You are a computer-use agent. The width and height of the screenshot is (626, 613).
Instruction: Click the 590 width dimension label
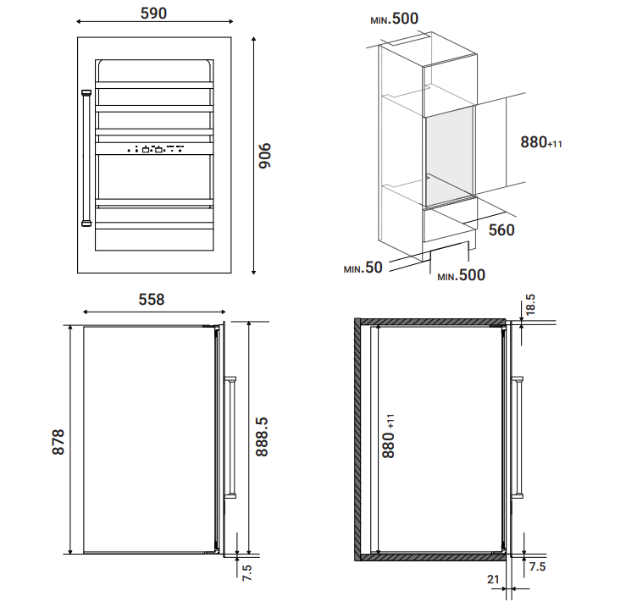click(x=153, y=14)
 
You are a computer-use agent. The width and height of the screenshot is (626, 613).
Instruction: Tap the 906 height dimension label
click(x=264, y=155)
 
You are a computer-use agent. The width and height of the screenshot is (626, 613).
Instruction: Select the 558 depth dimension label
click(x=152, y=300)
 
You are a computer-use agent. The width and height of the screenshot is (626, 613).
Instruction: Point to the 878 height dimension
click(x=58, y=442)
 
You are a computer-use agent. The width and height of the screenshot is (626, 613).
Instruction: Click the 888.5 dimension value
click(x=262, y=437)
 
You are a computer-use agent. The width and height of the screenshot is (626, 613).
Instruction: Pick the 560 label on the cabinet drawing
click(x=501, y=230)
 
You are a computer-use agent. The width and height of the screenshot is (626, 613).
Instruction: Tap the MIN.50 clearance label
click(x=363, y=268)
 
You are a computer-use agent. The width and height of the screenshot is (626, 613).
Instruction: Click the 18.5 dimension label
click(x=530, y=305)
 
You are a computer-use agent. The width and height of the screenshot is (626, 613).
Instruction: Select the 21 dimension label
click(x=494, y=579)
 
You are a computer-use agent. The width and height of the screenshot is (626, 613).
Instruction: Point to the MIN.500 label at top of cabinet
click(x=395, y=19)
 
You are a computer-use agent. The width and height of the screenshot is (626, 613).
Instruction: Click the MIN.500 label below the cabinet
click(x=461, y=275)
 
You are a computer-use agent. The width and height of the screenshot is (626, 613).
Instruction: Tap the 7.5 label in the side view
click(x=247, y=572)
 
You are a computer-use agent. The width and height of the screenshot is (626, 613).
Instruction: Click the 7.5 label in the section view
click(x=537, y=566)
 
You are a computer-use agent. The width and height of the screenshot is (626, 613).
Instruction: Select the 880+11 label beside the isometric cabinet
click(x=541, y=142)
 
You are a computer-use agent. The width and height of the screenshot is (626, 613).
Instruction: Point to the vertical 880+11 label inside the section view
click(x=388, y=436)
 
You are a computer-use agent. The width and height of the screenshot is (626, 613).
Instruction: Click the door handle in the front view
click(x=86, y=158)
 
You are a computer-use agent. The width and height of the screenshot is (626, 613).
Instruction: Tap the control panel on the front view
click(x=154, y=149)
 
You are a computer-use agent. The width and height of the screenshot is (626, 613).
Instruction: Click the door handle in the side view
click(x=230, y=438)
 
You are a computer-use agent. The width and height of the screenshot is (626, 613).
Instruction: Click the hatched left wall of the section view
click(x=357, y=439)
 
